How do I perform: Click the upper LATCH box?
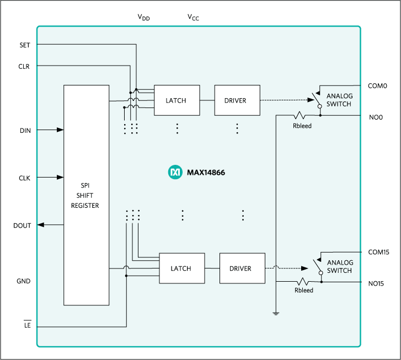click(x=176, y=100)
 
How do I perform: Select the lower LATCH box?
click(x=181, y=268)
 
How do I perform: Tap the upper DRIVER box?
click(x=237, y=100)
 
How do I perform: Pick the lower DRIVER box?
click(x=242, y=268)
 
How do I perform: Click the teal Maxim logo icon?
click(x=175, y=173)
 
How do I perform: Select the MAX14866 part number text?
click(x=206, y=173)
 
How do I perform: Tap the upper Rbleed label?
click(x=302, y=126)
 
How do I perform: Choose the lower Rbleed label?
click(x=304, y=290)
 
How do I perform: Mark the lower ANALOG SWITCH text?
click(x=340, y=267)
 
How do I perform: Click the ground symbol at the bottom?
click(x=275, y=314)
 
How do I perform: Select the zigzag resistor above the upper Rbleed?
click(x=301, y=116)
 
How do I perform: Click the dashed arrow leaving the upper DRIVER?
click(x=284, y=100)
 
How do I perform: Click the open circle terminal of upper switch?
click(x=319, y=109)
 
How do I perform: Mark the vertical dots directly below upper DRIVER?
click(x=237, y=128)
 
